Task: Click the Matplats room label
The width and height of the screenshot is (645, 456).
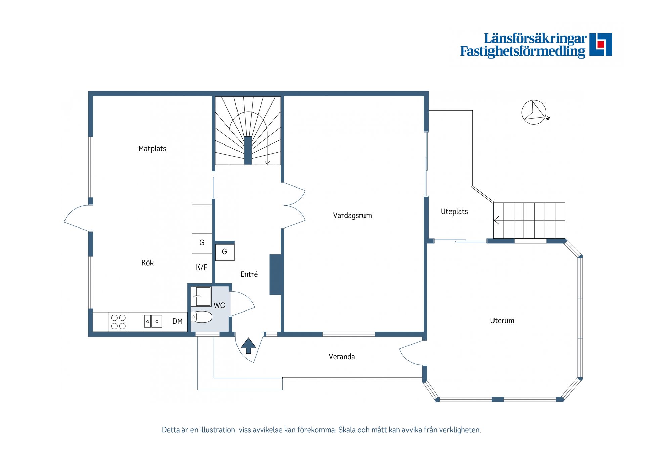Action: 152,149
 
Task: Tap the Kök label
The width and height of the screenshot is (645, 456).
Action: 147,263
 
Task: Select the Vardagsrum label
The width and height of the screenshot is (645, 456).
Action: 352,216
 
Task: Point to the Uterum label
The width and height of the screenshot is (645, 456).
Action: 502,321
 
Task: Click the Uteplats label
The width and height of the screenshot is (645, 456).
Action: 455,212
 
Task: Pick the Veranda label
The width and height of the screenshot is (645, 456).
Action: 342,357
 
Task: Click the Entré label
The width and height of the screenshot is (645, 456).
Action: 249,274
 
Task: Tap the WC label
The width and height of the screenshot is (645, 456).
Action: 219,306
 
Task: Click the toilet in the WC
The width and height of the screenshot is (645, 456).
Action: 202,317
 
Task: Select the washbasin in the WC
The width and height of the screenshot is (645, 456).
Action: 201,296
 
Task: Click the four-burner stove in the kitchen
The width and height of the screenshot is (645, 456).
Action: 118,322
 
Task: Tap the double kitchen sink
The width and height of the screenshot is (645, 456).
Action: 153,321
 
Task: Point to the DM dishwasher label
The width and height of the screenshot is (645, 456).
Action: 177,321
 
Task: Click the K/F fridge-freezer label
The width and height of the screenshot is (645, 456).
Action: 202,267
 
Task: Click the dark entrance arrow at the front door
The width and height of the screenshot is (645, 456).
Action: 248,345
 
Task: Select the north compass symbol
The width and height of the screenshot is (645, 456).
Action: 534,112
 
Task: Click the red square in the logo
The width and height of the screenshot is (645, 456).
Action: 601,44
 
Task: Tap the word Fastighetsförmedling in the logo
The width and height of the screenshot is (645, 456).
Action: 522,51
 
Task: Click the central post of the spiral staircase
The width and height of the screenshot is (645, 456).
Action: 248,150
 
